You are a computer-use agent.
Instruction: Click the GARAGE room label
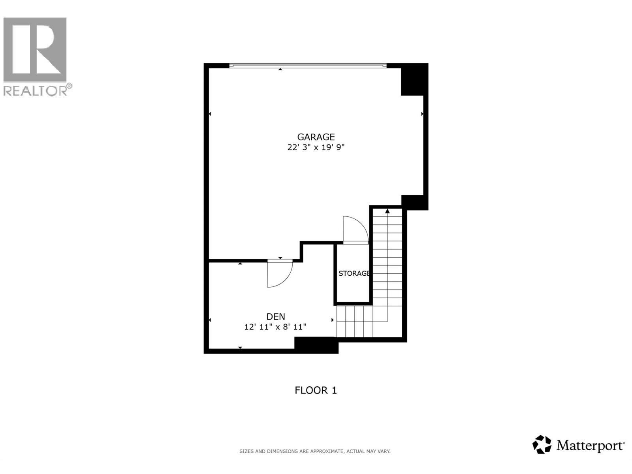316,137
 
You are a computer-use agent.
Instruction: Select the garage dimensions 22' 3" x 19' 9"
316,147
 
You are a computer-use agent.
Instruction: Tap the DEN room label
275,316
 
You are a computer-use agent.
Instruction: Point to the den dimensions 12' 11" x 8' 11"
275,327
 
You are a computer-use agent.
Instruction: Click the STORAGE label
354,273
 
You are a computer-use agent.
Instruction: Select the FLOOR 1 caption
316,390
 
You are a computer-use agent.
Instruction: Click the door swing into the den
279,273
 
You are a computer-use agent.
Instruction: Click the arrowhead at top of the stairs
387,211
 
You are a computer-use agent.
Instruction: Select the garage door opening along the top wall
308,66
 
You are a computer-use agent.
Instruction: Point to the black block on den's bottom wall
316,345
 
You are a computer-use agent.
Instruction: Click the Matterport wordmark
590,446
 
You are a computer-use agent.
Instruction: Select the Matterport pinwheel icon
542,444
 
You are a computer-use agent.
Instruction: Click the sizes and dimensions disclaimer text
315,451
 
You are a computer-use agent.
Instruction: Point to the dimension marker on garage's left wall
210,114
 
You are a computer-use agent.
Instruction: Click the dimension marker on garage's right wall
422,114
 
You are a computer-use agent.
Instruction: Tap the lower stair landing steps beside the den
354,322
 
